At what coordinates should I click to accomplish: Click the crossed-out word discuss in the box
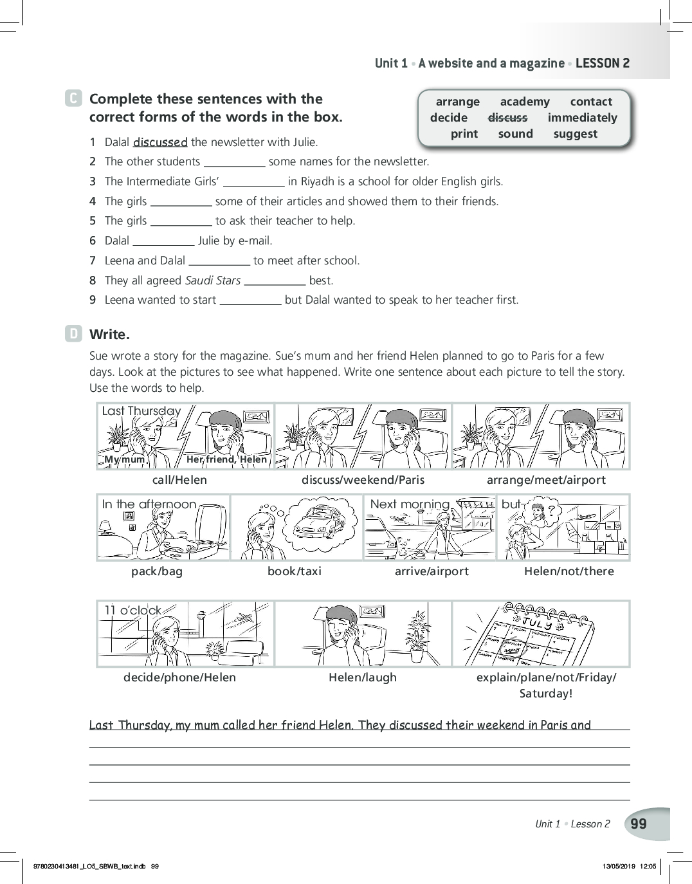(507, 118)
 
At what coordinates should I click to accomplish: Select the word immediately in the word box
(582, 118)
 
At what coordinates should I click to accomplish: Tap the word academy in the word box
(525, 102)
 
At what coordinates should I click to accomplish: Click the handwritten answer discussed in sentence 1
(160, 142)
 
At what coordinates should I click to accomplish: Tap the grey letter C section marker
(74, 99)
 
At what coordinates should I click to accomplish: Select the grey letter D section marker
(74, 334)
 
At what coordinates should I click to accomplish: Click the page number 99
(639, 824)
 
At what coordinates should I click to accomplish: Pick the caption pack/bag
(157, 571)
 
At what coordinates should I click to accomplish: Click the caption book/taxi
(295, 571)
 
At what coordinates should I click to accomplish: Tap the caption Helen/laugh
(363, 677)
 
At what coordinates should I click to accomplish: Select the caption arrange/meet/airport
(546, 480)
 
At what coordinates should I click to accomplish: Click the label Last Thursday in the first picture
(141, 411)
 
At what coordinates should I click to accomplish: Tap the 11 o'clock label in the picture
(133, 610)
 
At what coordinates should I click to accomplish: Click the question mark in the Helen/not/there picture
(551, 510)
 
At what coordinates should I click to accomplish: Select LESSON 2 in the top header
(603, 63)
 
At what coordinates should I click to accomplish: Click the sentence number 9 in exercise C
(93, 300)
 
